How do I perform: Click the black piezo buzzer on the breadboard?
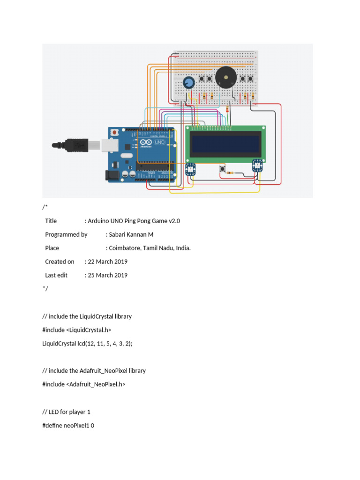coord(225,76)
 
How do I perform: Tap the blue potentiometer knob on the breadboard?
coord(188,83)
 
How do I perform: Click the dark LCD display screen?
coord(225,143)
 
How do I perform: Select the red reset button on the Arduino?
coord(114,133)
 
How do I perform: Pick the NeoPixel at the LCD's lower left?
coord(190,170)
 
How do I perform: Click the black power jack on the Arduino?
coord(112,175)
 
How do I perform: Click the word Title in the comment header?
coord(51,221)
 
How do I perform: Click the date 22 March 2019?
coord(107,262)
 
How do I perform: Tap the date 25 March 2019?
coord(107,275)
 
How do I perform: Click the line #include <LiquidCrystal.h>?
coord(77,330)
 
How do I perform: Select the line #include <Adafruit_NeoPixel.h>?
coord(84,384)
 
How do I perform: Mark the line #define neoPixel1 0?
coord(68,425)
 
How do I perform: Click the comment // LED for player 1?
coord(66,412)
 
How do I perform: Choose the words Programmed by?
coord(66,234)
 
